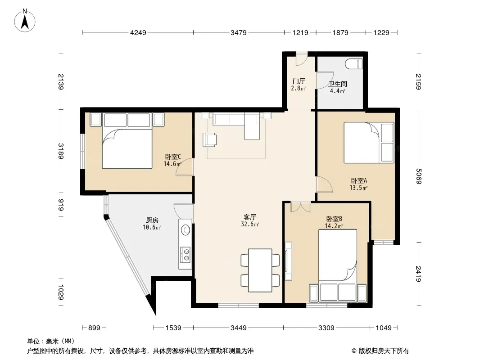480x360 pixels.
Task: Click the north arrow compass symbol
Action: point(25,21)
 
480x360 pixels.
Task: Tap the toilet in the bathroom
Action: point(354,64)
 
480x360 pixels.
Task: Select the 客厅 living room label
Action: point(250,217)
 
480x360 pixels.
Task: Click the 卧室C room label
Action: point(173,157)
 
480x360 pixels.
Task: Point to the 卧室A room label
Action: point(359,181)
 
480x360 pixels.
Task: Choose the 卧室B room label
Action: point(334,219)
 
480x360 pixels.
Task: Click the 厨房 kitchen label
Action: point(152,220)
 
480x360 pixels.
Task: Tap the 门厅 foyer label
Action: point(299,81)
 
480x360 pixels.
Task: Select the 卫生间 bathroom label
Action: point(337,84)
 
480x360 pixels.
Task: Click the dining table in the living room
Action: point(260,270)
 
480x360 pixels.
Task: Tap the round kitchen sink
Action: point(186,230)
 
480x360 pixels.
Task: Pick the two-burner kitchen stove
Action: point(186,255)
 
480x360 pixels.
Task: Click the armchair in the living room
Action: point(210,140)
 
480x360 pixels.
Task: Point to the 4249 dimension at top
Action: point(138,32)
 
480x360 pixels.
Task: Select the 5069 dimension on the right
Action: point(419,176)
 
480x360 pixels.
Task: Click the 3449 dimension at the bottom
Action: point(238,328)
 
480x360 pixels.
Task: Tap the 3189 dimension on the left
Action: point(61,151)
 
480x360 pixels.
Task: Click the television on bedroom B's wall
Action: point(288,261)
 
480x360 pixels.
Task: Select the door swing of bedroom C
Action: point(185,167)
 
